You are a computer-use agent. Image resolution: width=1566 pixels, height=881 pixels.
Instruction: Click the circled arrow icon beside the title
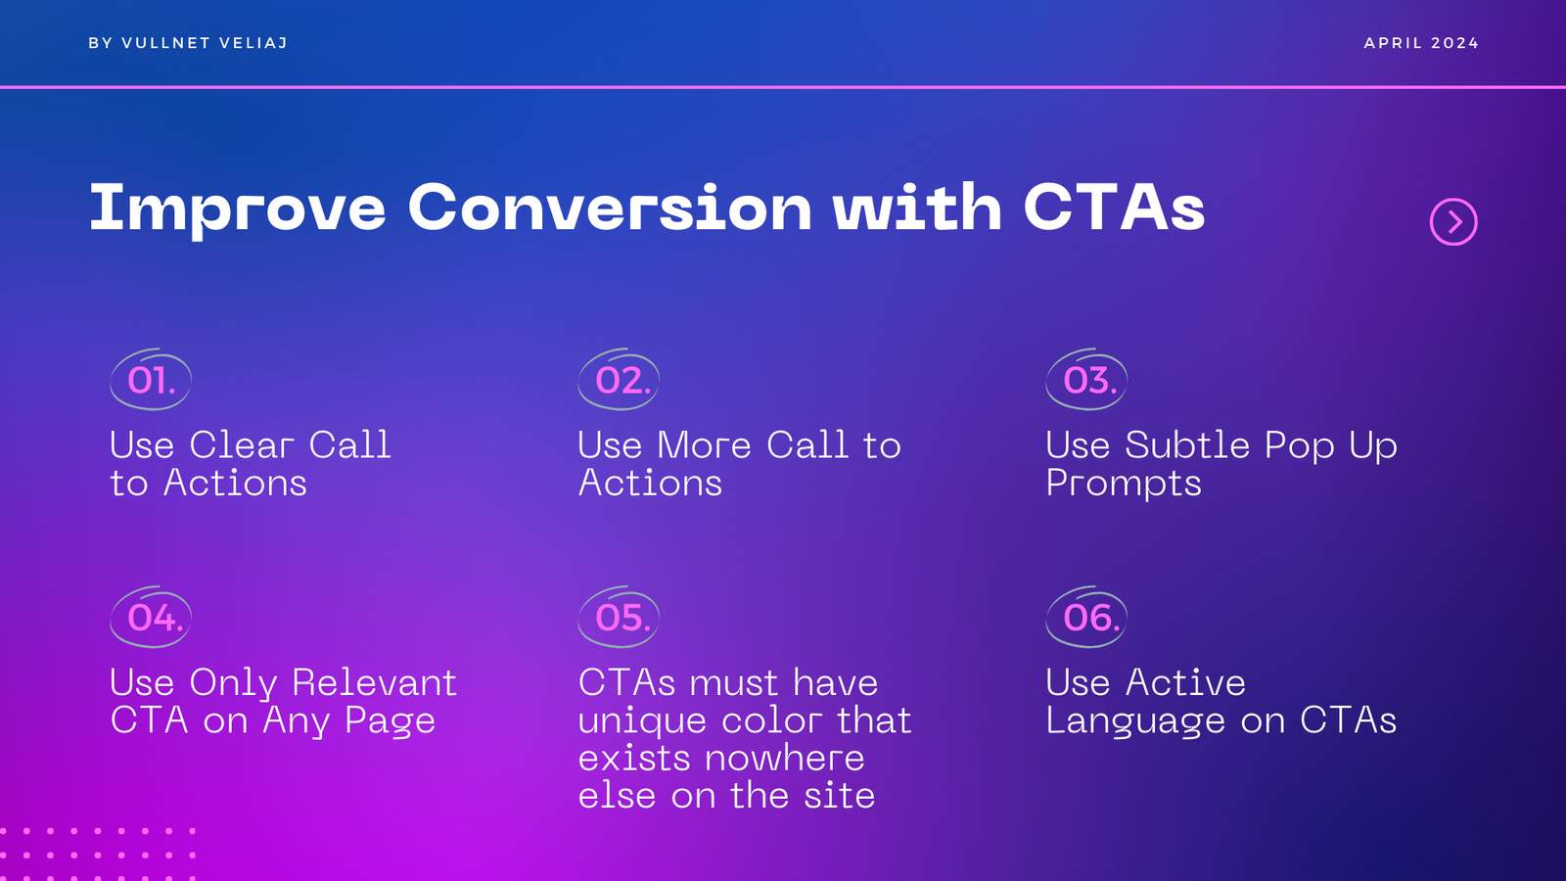pos(1453,222)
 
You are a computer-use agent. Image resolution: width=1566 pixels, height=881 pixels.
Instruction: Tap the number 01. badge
pos(151,380)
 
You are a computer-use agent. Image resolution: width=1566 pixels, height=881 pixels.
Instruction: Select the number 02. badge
pos(619,380)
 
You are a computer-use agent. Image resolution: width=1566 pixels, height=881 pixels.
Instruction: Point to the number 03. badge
pos(1086,380)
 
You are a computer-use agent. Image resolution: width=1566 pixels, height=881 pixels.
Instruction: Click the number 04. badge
pos(151,618)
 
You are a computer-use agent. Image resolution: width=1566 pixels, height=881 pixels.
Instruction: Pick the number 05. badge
pos(619,618)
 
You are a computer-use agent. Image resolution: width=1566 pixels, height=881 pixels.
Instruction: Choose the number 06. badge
pos(1086,618)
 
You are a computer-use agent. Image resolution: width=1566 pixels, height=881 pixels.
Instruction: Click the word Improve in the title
pos(238,209)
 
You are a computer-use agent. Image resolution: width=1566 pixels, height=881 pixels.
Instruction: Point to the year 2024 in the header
pos(1454,43)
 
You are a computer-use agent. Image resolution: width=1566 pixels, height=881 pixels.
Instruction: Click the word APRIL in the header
pos(1394,43)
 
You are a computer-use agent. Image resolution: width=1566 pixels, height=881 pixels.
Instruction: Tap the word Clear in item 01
pos(241,444)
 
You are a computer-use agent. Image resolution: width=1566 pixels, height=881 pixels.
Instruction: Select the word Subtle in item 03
pos(1187,444)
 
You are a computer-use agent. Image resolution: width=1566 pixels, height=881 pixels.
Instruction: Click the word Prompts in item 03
pos(1124,484)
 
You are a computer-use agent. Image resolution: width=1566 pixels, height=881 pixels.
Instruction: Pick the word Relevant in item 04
pos(374,682)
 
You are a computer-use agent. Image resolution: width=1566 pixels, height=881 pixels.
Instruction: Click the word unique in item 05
pos(642,721)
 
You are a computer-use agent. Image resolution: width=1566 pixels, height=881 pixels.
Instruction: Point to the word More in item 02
pos(704,444)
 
